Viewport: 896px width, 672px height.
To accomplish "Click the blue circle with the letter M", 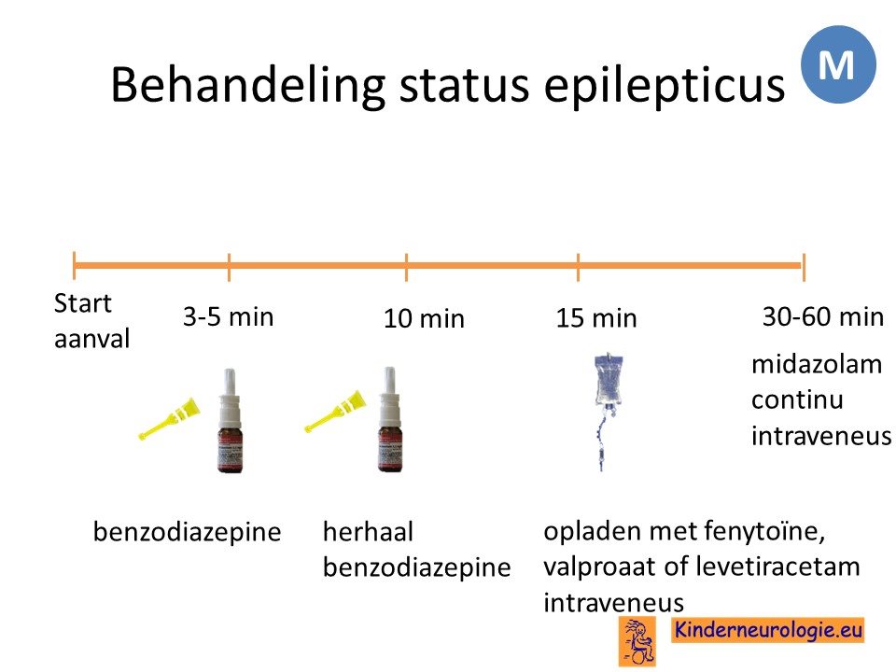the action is (x=838, y=64).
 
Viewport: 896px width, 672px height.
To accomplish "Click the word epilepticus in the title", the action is (x=664, y=86).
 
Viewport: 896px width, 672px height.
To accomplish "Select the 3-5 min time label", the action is (x=229, y=317).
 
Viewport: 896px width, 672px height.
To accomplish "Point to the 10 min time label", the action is (x=424, y=318).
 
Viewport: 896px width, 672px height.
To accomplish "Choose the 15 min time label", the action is (x=596, y=318).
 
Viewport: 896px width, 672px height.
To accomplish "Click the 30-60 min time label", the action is (x=823, y=316).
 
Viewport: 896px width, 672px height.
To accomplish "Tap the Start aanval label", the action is (x=91, y=321).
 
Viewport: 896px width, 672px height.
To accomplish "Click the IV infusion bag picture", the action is (x=608, y=412).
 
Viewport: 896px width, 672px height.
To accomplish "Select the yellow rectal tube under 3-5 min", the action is (x=170, y=418).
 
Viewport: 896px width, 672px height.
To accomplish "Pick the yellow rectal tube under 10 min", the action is (x=335, y=411).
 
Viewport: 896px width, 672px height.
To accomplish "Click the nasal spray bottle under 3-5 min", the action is (x=231, y=421).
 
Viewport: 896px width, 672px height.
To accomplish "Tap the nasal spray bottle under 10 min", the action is (x=390, y=419).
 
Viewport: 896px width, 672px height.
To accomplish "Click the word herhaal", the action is (x=368, y=532).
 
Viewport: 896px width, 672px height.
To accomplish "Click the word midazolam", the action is (x=817, y=365).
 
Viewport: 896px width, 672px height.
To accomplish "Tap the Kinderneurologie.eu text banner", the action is (x=767, y=630).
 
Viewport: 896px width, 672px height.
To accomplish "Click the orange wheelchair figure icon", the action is (x=637, y=641).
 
